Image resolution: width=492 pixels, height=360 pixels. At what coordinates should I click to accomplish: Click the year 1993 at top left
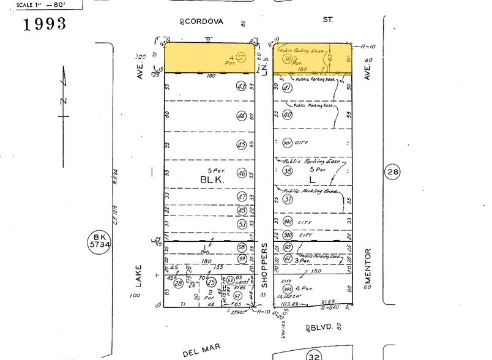44,25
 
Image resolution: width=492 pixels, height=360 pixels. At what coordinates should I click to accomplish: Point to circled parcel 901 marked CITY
288,143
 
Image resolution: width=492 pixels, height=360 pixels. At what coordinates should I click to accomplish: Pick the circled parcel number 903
288,288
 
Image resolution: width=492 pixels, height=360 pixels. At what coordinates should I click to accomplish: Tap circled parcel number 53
242,224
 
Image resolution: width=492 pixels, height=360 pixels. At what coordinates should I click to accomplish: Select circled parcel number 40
288,114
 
